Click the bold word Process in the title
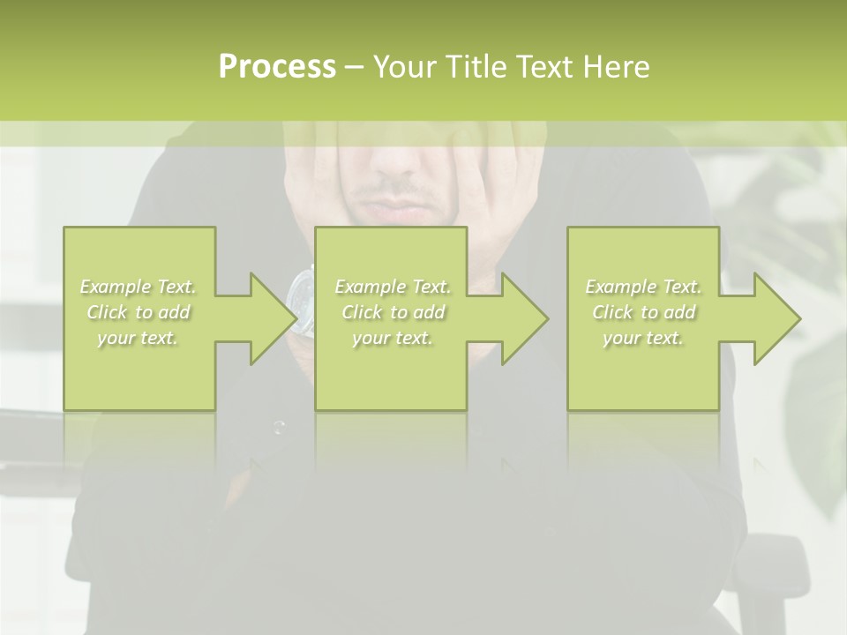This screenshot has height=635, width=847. [277, 67]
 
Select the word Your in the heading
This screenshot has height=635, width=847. [402, 67]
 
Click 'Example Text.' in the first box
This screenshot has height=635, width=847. [139, 287]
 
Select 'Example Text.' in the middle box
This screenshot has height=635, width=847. [393, 287]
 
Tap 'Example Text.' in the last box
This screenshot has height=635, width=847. [643, 287]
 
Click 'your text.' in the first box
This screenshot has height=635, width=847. [139, 338]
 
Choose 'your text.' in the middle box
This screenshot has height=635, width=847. [393, 338]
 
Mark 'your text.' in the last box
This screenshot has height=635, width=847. [643, 338]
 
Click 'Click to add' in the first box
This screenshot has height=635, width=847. [139, 312]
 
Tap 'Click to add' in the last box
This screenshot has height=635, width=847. [643, 312]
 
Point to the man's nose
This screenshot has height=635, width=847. [398, 160]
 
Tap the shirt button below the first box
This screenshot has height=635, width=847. [280, 428]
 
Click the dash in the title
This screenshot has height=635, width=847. [354, 67]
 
